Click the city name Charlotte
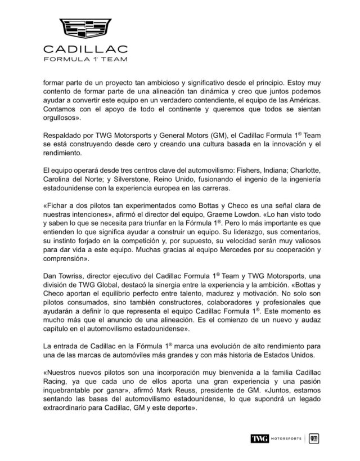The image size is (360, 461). [299, 169]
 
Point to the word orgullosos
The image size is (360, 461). [64, 119]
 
